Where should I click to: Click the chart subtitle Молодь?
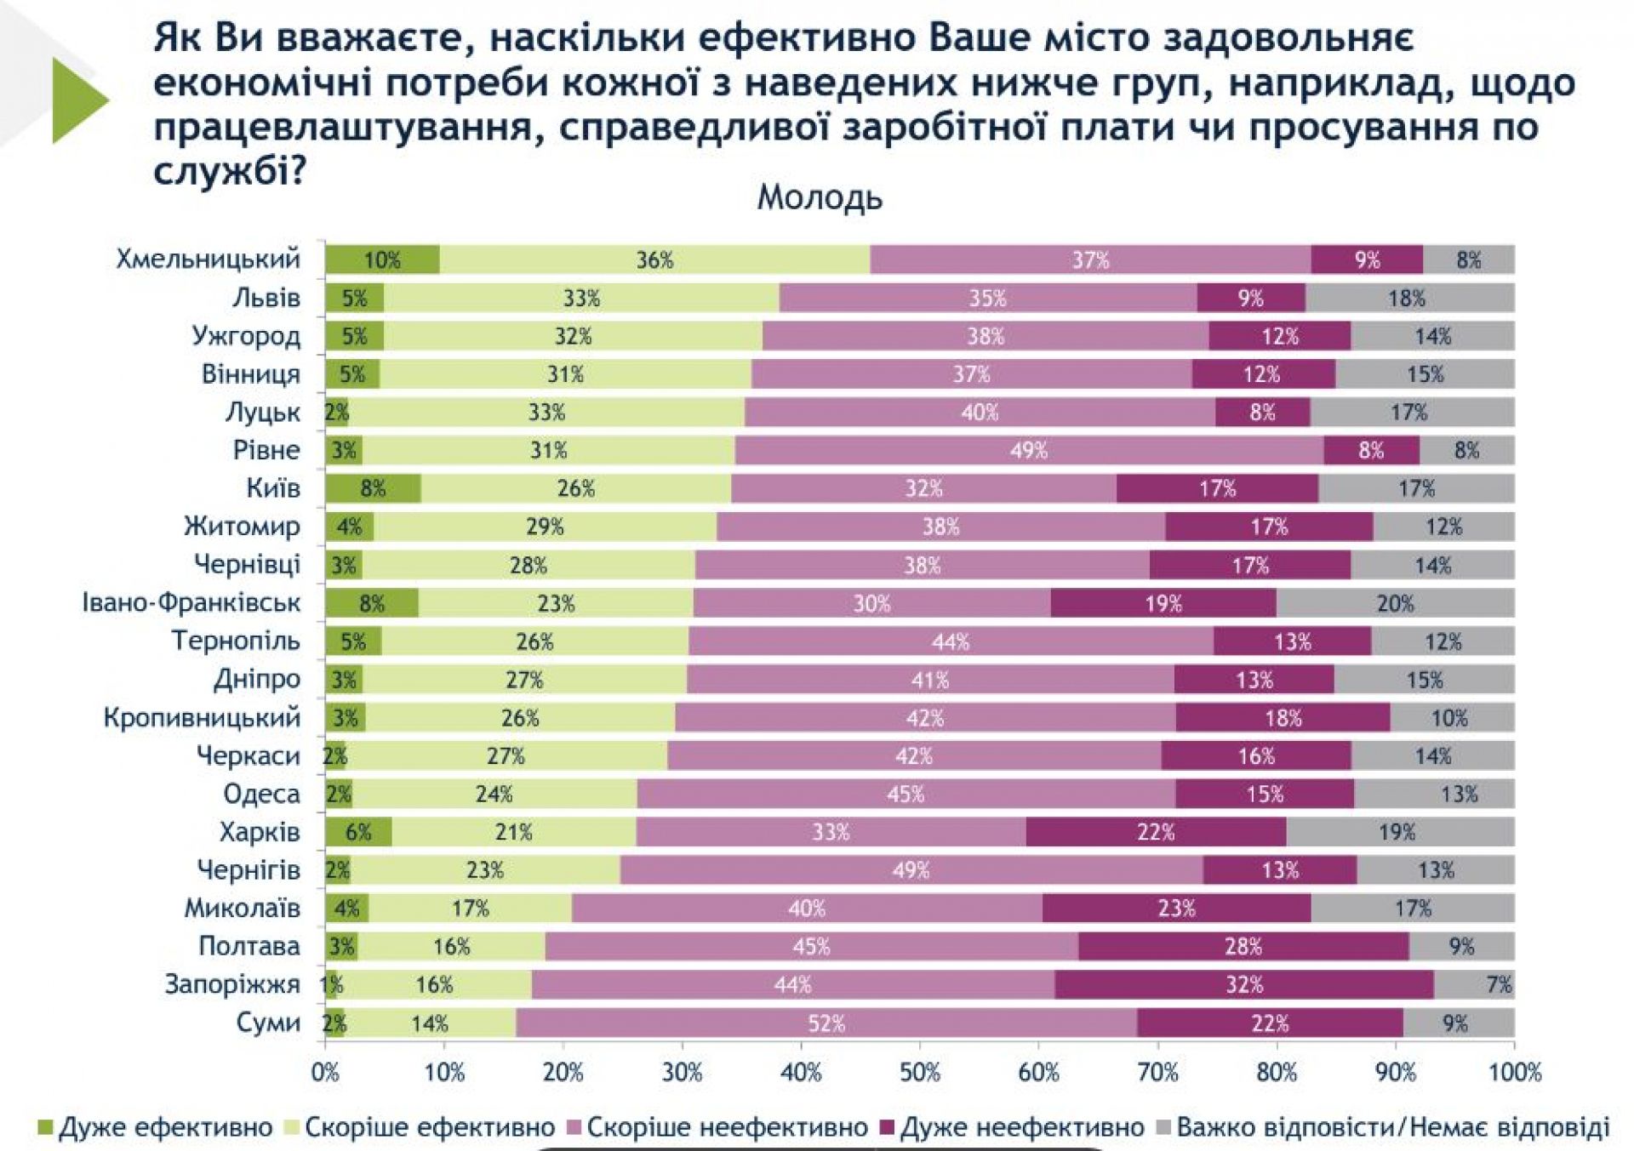[820, 198]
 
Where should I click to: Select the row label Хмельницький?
[209, 259]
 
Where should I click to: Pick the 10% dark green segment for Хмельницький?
[382, 260]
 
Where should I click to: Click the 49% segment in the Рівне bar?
[1028, 450]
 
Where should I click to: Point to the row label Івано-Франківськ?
[191, 603]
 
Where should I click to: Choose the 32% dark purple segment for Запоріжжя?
[1243, 985]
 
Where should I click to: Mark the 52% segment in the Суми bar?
[826, 1023]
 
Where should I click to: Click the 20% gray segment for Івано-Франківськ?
[1395, 604]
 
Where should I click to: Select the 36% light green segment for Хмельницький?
[654, 260]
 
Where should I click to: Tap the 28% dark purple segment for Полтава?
[1243, 947]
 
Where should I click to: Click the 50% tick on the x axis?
[920, 1073]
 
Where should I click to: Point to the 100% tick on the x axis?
[1514, 1073]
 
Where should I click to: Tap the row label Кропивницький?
[202, 717]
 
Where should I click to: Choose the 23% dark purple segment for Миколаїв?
[1176, 909]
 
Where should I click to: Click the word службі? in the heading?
[229, 173]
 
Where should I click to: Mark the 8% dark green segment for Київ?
[373, 489]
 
